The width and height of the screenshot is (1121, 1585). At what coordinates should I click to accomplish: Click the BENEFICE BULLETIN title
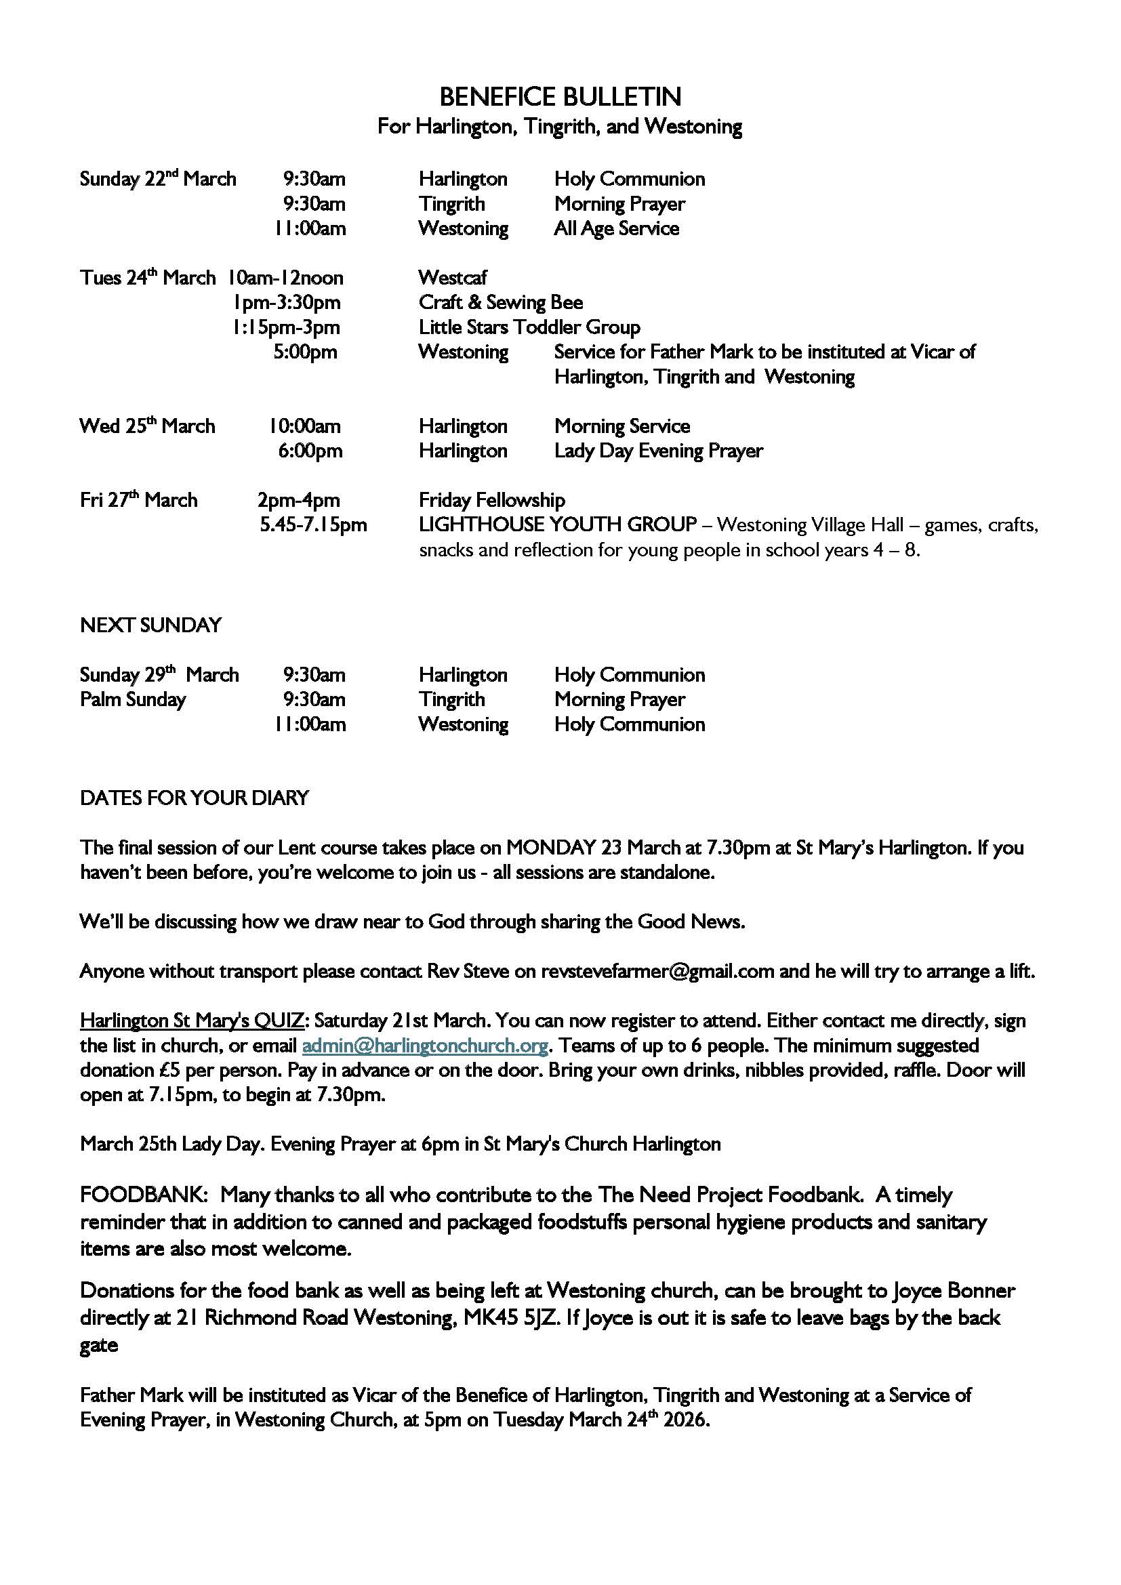tap(560, 97)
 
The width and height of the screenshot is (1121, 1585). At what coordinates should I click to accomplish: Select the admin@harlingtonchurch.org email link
tap(425, 1045)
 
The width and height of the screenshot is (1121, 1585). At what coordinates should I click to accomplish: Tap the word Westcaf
tap(452, 278)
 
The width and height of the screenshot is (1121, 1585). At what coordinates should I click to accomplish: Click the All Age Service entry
tap(616, 228)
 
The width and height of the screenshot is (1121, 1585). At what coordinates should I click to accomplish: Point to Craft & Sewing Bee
tap(500, 302)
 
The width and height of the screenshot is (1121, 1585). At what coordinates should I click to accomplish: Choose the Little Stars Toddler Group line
tap(529, 327)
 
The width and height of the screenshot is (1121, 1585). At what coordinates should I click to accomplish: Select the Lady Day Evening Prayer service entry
tap(659, 451)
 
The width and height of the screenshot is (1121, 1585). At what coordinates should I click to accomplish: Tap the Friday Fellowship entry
tap(491, 500)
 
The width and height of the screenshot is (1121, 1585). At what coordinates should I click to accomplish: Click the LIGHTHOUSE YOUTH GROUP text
tap(557, 524)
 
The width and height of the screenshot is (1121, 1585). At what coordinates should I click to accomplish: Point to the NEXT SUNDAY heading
tap(150, 625)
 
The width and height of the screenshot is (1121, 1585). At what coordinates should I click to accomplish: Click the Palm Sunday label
tap(133, 699)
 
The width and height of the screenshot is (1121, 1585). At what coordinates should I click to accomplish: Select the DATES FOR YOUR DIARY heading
tap(195, 798)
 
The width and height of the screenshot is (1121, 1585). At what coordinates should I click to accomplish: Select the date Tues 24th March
tap(148, 279)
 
